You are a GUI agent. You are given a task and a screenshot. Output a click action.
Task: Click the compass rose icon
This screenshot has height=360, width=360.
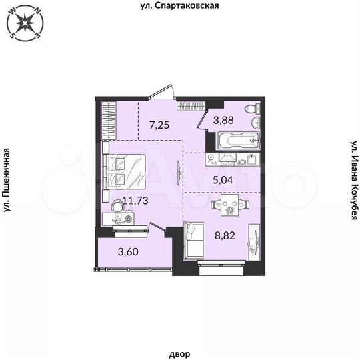point(24,23)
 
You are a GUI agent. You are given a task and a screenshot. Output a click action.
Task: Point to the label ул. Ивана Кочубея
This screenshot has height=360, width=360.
point(354,181)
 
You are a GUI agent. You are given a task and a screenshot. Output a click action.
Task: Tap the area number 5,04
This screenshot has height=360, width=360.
point(223,179)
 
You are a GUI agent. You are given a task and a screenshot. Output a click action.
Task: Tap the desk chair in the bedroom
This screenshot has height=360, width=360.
point(117,209)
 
